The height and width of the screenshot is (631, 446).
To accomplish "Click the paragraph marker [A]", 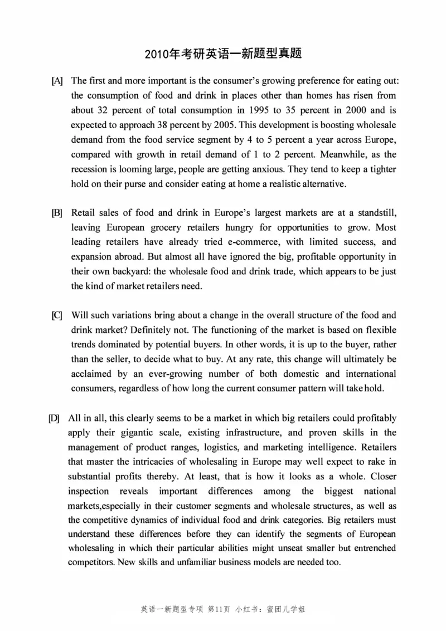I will click(x=57, y=81).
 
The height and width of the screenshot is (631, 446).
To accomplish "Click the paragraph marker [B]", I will click(x=57, y=214).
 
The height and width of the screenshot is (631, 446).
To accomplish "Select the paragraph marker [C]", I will click(x=57, y=315).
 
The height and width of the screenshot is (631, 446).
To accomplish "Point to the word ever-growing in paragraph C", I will click(x=171, y=373).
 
